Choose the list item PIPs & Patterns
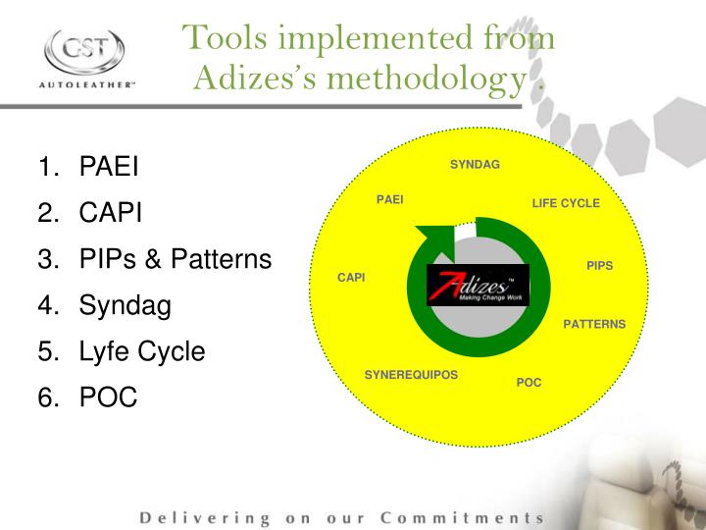click(175, 259)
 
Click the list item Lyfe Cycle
click(142, 351)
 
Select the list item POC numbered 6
click(108, 397)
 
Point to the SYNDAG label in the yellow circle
click(475, 164)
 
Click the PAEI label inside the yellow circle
click(389, 200)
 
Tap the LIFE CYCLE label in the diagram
click(566, 203)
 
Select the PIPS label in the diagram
click(599, 266)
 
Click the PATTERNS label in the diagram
click(594, 324)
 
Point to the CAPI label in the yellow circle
click(351, 278)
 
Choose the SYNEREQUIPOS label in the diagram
click(411, 375)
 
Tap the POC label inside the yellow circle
click(529, 382)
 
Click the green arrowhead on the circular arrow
click(434, 239)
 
